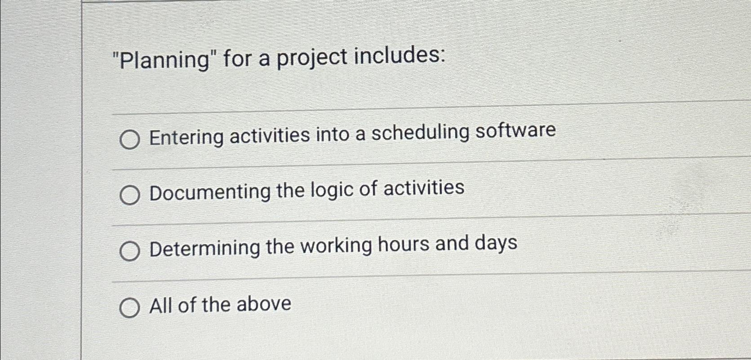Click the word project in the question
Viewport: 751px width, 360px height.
[311, 58]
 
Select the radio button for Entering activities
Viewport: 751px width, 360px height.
[129, 140]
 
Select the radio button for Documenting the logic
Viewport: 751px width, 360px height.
[129, 196]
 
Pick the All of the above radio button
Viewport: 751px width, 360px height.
[129, 308]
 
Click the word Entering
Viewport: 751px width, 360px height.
[186, 137]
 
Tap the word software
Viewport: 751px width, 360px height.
[515, 130]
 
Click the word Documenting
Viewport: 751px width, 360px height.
[210, 192]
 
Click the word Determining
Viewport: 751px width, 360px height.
[204, 248]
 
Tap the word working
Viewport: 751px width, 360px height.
[336, 246]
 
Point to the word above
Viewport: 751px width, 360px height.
[264, 304]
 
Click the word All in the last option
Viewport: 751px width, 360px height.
[161, 306]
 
